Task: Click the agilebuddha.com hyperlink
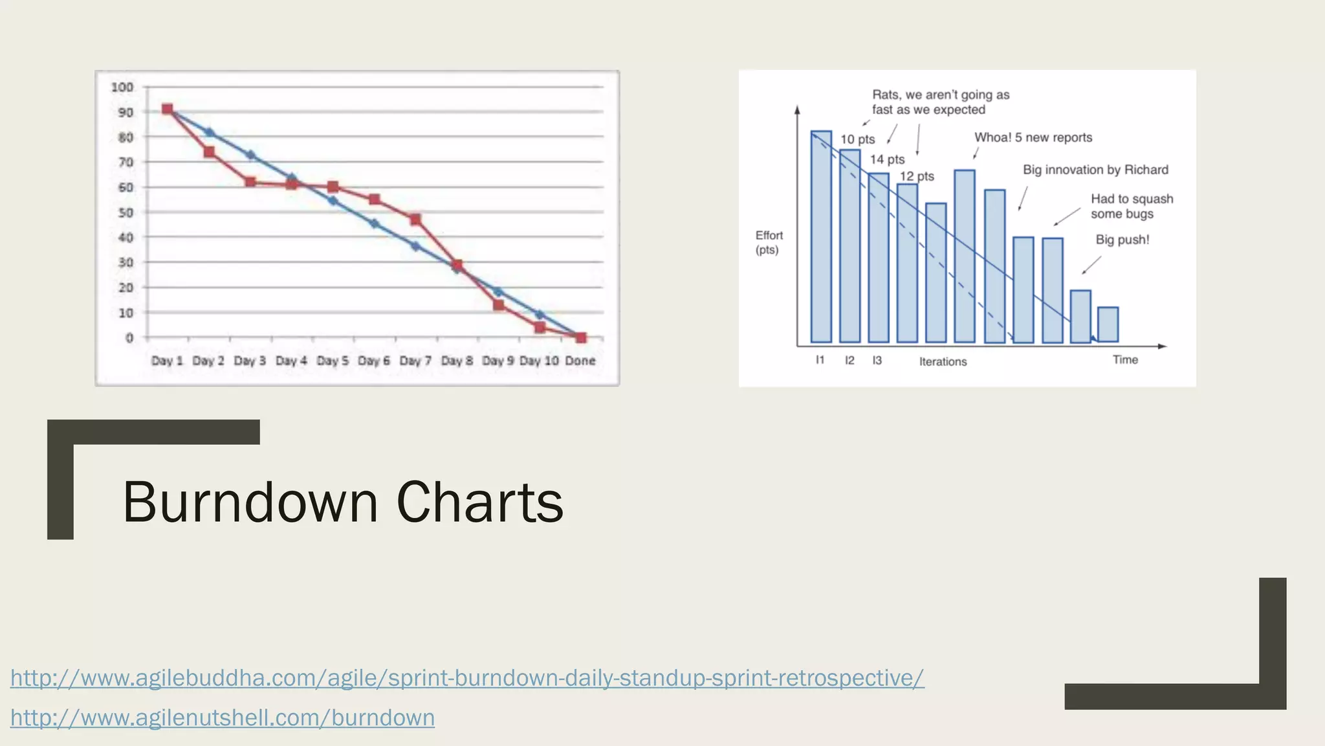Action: point(467,678)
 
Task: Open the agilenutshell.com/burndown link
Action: point(223,718)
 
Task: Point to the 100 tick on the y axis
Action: point(122,87)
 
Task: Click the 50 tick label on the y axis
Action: point(126,212)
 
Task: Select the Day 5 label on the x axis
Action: point(333,361)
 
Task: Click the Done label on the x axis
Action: point(580,361)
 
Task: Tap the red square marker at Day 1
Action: point(168,109)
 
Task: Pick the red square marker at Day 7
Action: point(415,220)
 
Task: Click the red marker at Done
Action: point(581,337)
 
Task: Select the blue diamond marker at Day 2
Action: point(209,133)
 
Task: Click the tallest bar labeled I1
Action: point(821,236)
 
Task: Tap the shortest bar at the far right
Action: point(1108,324)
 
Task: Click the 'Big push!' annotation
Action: point(1122,240)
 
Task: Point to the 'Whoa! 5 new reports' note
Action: point(1033,137)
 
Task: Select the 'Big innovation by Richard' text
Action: point(1095,170)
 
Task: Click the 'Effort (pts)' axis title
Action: point(769,243)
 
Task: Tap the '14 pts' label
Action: point(887,159)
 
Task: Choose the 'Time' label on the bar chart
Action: point(1125,360)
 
